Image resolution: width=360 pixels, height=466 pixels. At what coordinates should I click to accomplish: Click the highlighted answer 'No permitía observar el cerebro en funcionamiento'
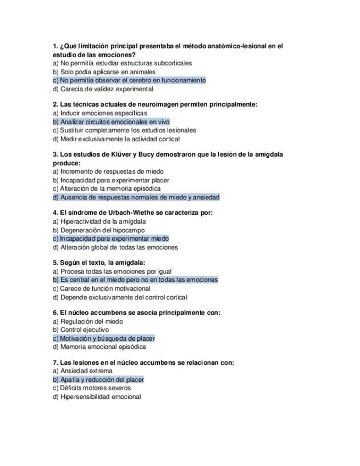click(x=129, y=80)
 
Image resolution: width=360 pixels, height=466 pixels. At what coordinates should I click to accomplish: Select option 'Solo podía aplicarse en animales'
click(x=104, y=72)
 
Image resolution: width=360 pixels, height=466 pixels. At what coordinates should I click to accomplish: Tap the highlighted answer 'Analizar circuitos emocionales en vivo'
click(x=111, y=122)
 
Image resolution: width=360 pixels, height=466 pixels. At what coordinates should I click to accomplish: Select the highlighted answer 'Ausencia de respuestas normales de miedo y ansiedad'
click(x=136, y=197)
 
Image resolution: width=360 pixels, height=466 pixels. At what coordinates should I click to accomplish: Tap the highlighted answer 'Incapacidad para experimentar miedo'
click(x=110, y=239)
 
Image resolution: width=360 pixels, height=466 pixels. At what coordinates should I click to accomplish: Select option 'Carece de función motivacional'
click(x=102, y=289)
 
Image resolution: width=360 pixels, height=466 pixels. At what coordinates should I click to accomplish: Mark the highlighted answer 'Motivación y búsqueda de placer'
click(x=104, y=339)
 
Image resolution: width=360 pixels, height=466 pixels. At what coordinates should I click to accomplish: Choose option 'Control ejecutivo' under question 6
click(x=81, y=330)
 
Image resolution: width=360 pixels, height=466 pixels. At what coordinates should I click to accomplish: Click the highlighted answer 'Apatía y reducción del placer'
click(x=98, y=380)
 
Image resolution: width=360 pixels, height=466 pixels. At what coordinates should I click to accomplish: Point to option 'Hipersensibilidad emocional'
click(x=97, y=397)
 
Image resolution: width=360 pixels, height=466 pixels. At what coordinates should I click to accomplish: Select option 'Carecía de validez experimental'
click(x=103, y=89)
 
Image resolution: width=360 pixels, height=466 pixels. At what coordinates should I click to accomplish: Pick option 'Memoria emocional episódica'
click(x=99, y=347)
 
